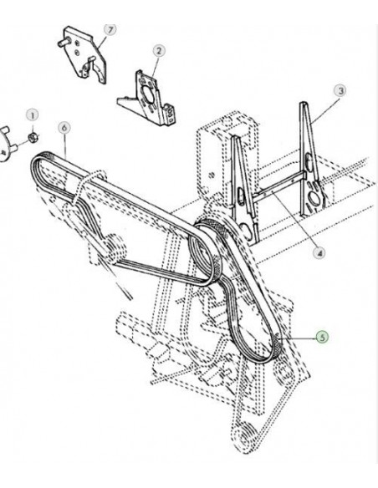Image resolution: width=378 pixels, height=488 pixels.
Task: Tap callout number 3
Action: click(x=340, y=89)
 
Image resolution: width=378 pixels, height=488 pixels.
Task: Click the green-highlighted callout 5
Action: click(x=322, y=338)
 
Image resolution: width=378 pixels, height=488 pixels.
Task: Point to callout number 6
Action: click(x=64, y=128)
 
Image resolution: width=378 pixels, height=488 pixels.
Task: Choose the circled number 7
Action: click(x=107, y=30)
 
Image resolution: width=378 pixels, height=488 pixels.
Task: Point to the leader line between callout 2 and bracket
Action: click(x=156, y=65)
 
